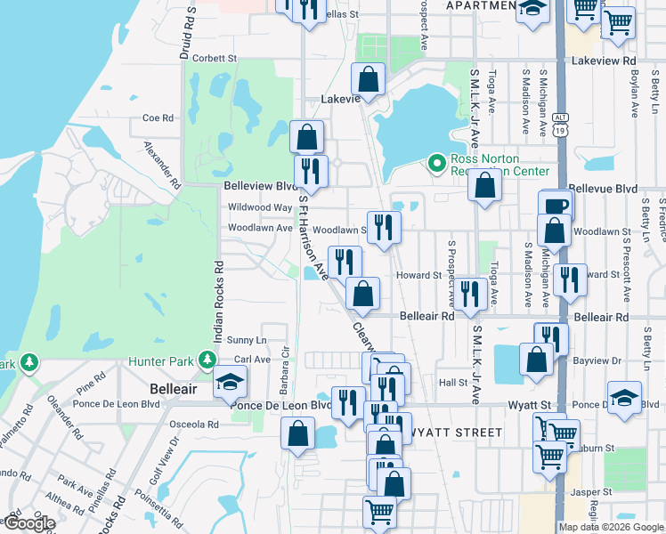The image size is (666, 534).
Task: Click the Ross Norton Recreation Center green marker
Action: click(x=436, y=163)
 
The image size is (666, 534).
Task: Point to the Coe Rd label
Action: click(x=157, y=117)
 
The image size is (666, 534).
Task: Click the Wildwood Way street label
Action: click(x=260, y=207)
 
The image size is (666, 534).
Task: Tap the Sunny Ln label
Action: click(x=247, y=340)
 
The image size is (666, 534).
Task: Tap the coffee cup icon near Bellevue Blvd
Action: click(x=556, y=204)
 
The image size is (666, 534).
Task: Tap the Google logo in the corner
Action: click(x=28, y=523)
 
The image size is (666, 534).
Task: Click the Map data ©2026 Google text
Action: click(x=612, y=527)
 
